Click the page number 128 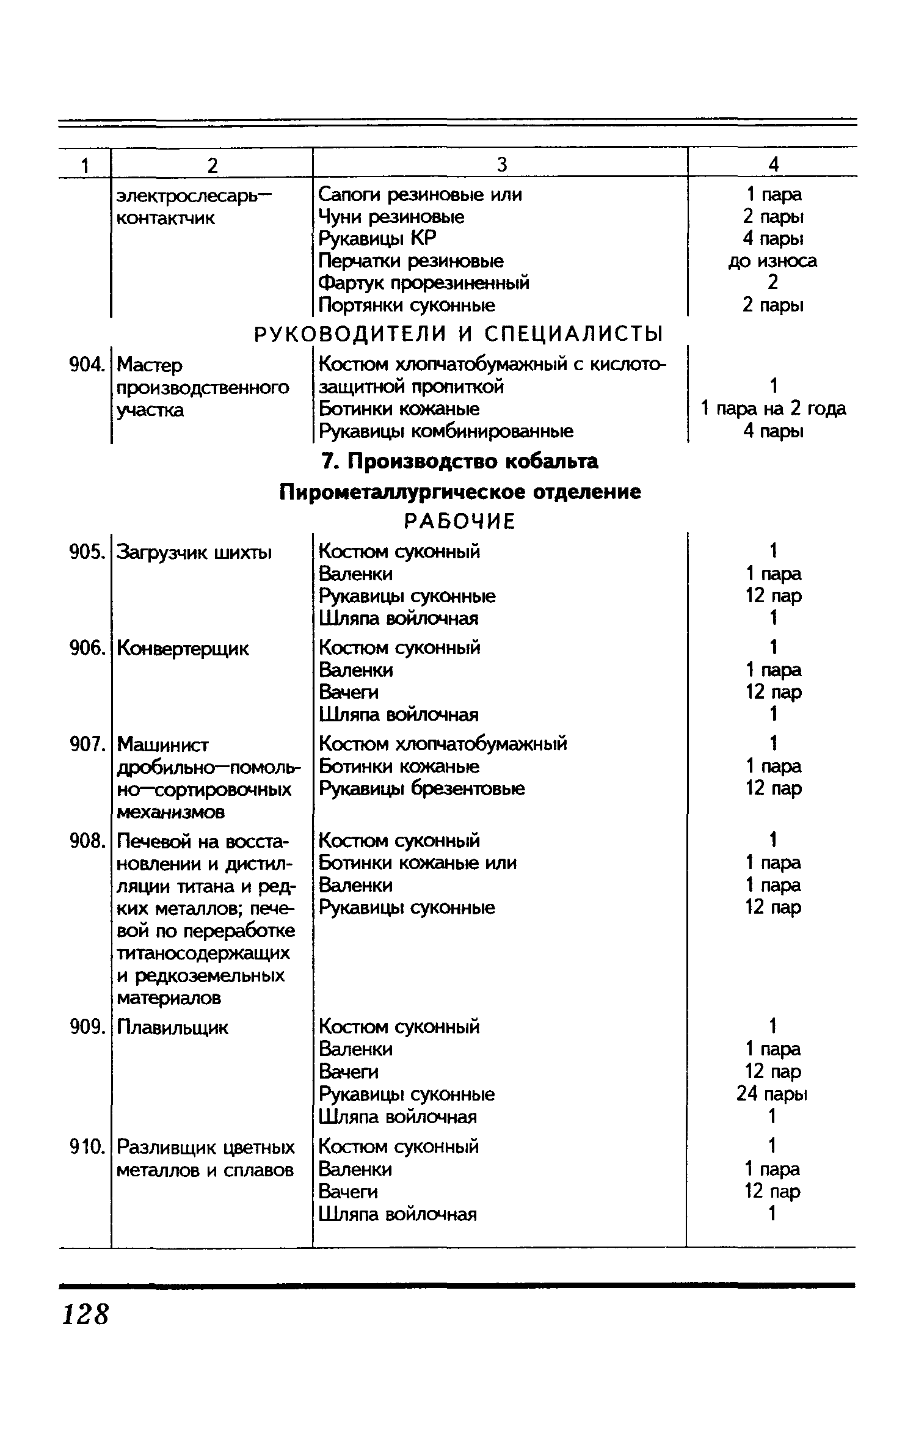point(85,1314)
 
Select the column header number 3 point(501,164)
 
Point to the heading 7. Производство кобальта point(460,462)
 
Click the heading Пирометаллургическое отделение point(460,492)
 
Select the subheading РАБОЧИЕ point(460,521)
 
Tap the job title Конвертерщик point(183,648)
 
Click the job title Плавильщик point(172,1027)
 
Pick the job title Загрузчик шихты point(194,552)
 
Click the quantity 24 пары point(772,1093)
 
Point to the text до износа point(772,261)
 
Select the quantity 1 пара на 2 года point(773,409)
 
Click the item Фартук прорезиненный point(424,283)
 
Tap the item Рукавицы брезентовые point(422,788)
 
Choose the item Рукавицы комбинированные point(446,431)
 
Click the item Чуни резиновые point(391,217)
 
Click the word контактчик point(165,218)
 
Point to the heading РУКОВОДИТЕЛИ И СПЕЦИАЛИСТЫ point(458,334)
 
